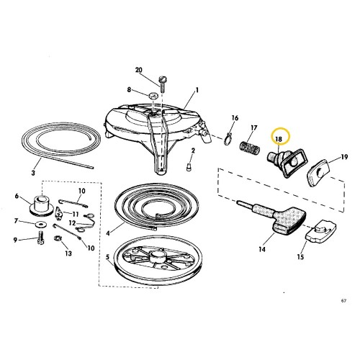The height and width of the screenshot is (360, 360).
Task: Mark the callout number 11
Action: (x=76, y=214)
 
